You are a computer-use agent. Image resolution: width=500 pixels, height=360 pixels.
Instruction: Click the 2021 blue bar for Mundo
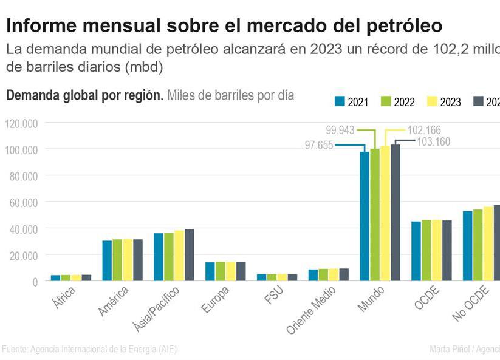tap(365, 216)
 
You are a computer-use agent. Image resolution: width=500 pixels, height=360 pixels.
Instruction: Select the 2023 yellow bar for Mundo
tap(385, 212)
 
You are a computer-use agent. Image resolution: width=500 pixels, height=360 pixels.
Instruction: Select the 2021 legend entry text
tap(358, 102)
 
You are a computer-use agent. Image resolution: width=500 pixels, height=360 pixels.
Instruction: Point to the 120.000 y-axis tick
tap(22, 124)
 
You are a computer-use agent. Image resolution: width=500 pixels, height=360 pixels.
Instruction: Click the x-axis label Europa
tap(216, 297)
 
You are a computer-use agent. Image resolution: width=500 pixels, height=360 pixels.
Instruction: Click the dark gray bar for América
tap(138, 260)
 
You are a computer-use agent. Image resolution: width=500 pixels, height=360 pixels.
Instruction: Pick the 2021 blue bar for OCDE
tap(416, 251)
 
